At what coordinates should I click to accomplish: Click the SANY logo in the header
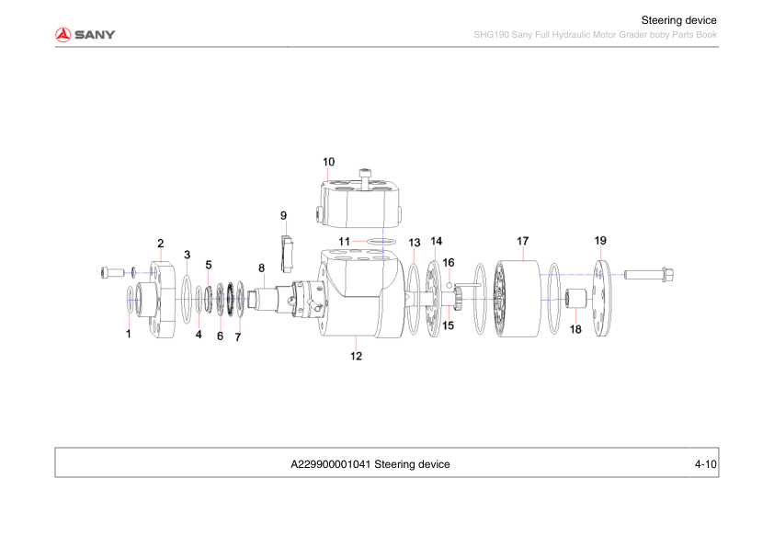tap(85, 35)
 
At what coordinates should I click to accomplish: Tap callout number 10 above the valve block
tap(328, 162)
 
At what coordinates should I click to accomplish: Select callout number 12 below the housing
tap(356, 358)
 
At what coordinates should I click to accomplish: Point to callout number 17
tap(522, 241)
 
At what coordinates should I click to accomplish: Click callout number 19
tap(600, 241)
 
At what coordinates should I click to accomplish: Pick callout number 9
tap(284, 215)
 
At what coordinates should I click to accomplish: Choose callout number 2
tap(160, 244)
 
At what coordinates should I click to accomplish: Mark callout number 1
tap(129, 335)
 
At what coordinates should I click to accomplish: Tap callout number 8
tap(261, 268)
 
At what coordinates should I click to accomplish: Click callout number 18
tap(575, 328)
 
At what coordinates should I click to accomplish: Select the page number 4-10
tap(705, 464)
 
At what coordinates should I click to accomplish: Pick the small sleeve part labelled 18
tap(576, 302)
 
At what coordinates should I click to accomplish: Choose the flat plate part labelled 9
tap(286, 253)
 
